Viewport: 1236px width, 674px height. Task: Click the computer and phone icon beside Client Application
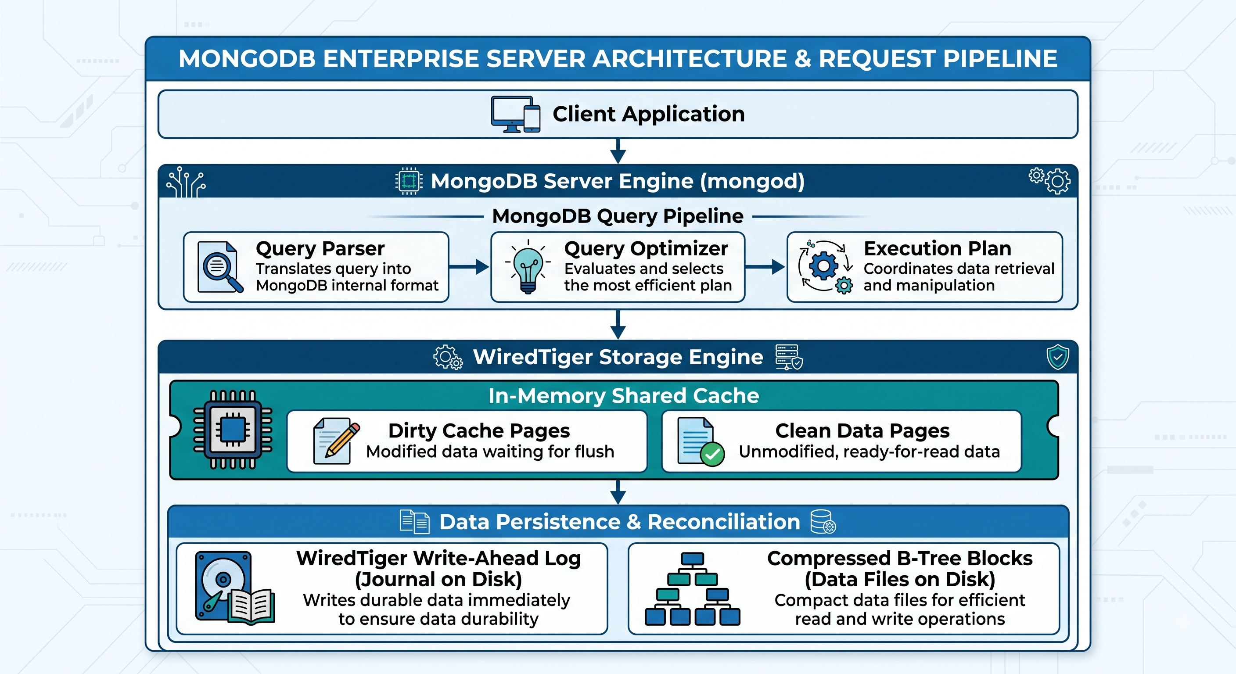515,114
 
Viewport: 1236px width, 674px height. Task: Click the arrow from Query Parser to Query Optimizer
469,267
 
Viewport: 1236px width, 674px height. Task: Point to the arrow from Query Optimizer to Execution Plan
765,267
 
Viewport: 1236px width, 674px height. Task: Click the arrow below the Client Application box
618,151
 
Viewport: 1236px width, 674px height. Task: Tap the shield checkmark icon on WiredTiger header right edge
1057,357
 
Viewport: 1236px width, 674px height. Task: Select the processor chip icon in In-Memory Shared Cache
233,429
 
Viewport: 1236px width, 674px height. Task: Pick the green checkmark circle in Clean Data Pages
712,454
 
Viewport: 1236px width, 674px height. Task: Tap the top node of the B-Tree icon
692,559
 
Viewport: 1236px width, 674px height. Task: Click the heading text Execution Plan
937,248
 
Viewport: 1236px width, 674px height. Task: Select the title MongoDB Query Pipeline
618,216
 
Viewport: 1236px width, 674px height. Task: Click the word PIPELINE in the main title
1000,59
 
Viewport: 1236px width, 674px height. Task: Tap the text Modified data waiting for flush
490,452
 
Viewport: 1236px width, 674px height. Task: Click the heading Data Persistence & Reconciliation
619,522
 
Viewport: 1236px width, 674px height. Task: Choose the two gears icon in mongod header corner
1050,181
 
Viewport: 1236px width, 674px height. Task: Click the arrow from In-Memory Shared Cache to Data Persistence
618,492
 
